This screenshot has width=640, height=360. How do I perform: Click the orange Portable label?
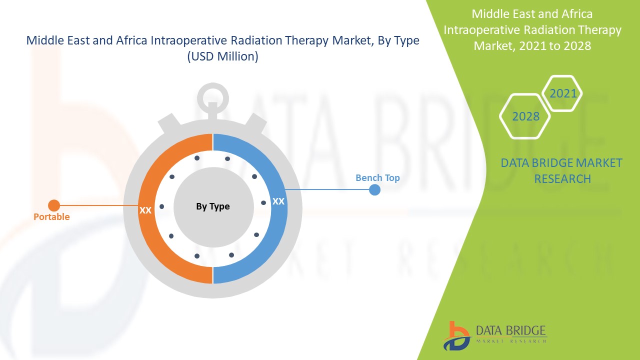[51, 217]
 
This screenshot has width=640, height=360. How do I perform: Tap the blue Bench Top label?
[377, 178]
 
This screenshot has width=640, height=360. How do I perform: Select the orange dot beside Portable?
[54, 205]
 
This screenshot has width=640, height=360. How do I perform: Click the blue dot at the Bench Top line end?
[374, 190]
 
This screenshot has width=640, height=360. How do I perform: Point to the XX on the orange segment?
[145, 210]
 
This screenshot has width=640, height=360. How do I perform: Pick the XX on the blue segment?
[278, 201]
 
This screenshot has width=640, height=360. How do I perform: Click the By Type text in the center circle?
[213, 206]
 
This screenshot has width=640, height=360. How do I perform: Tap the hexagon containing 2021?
[563, 93]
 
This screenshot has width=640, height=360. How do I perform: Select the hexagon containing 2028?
[525, 116]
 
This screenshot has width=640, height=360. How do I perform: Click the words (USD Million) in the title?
[222, 57]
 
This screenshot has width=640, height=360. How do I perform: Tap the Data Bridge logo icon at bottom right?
[456, 335]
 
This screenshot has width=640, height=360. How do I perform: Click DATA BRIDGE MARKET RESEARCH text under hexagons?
[561, 170]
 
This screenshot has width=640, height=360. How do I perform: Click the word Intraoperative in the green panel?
[480, 30]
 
